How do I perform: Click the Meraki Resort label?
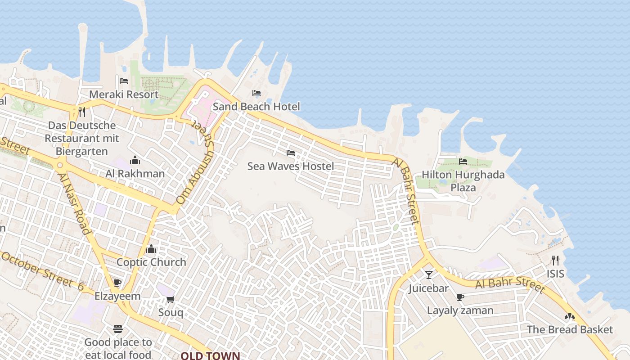point(124,94)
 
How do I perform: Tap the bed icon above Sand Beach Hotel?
point(256,93)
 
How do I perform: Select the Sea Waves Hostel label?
point(291,166)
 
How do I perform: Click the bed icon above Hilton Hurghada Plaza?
point(463,161)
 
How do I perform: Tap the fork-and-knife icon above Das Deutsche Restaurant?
point(82,112)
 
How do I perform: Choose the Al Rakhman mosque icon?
point(135,160)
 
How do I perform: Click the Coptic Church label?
point(151,262)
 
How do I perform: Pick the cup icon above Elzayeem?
point(117,283)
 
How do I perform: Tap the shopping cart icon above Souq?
point(170,299)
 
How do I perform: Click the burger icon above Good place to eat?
point(118,329)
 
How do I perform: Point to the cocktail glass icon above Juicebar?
point(428,274)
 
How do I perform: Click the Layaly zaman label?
point(460,310)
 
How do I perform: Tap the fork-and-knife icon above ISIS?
point(555,260)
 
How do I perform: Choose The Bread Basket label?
point(570,329)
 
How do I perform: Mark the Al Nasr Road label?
point(75,203)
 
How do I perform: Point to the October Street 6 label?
point(43,271)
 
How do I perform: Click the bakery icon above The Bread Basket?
point(570,317)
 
